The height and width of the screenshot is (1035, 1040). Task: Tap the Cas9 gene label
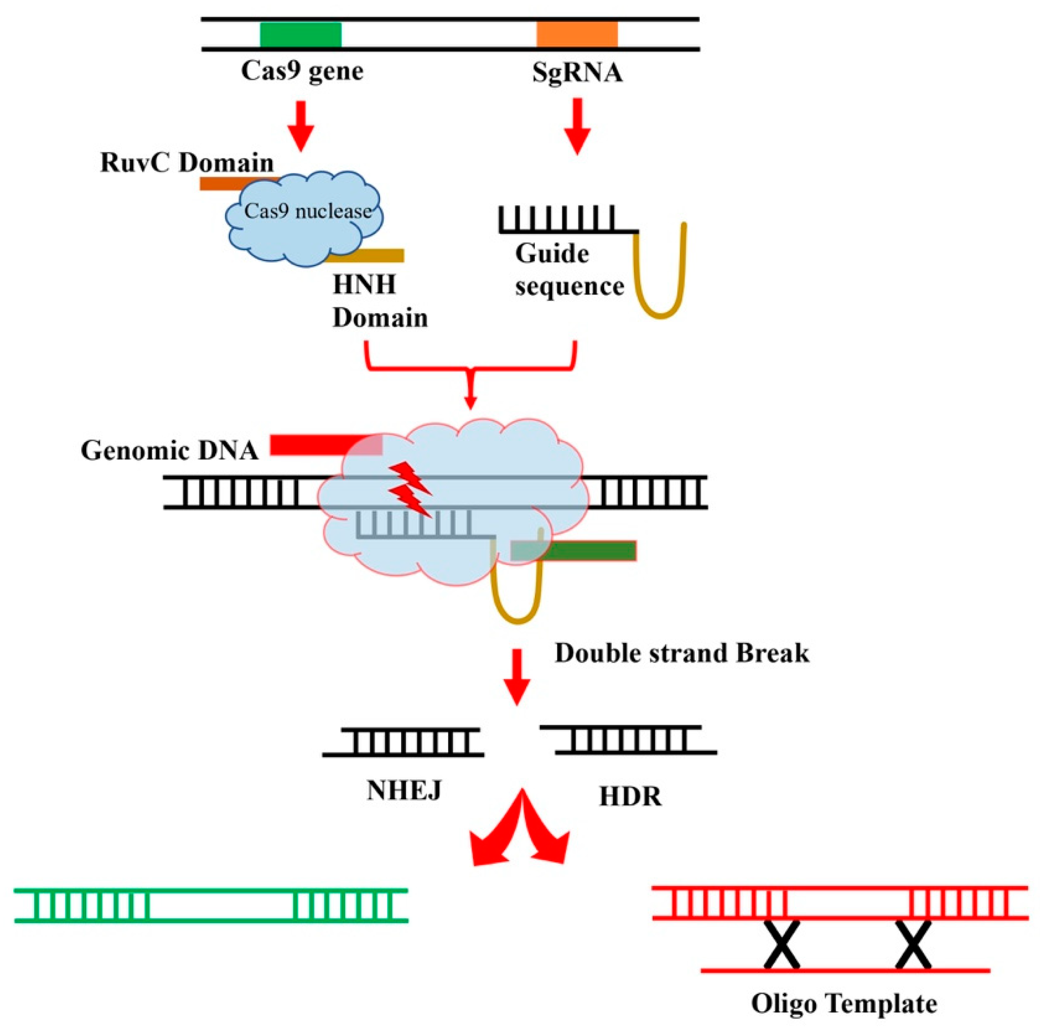[x=302, y=71]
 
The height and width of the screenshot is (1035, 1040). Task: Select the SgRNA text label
[x=577, y=72]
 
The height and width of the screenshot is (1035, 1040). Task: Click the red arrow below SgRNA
[x=577, y=127]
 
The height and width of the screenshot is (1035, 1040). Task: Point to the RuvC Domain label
[x=187, y=163]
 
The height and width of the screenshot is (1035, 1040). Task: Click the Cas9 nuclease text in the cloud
[x=308, y=211]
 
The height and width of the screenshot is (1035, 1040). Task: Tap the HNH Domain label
[x=380, y=301]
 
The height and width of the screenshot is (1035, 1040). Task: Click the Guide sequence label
[x=569, y=269]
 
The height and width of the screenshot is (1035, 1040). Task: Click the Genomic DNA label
[x=169, y=450]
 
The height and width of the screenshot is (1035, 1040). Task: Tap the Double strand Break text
[x=681, y=653]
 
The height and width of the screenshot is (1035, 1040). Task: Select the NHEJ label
[x=404, y=790]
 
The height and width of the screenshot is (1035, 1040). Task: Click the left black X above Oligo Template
[x=782, y=944]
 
